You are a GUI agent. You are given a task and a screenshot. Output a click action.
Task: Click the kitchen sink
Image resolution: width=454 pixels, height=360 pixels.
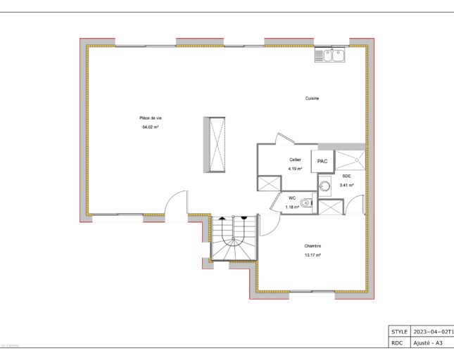pyautogui.click(x=329, y=54)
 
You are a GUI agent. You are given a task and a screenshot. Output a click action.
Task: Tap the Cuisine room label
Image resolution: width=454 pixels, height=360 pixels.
pyautogui.click(x=312, y=98)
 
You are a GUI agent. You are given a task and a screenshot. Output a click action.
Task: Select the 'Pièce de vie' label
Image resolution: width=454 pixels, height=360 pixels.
pyautogui.click(x=151, y=117)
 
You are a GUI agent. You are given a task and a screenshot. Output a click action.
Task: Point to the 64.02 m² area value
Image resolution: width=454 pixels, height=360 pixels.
pyautogui.click(x=151, y=127)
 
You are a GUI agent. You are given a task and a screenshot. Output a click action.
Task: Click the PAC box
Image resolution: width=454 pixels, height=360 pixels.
pyautogui.click(x=322, y=162)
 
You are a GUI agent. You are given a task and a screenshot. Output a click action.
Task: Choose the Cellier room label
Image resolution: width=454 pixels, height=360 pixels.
pyautogui.click(x=295, y=160)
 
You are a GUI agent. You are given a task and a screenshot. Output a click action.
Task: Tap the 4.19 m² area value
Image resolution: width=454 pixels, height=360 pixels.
pyautogui.click(x=295, y=169)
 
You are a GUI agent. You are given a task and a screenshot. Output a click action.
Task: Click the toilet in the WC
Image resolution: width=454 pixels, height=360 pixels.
pyautogui.click(x=304, y=204)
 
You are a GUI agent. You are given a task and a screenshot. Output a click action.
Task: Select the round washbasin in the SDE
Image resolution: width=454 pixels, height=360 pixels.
pyautogui.click(x=324, y=186)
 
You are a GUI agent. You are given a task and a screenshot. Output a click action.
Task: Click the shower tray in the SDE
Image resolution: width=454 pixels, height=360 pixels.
pyautogui.click(x=351, y=160)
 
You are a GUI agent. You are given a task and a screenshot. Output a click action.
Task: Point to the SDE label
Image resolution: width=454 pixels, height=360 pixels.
pyautogui.click(x=346, y=176)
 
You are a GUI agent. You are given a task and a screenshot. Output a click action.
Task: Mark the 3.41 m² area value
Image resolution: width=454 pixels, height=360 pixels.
pyautogui.click(x=346, y=185)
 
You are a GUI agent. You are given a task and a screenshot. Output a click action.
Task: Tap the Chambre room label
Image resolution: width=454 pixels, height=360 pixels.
pyautogui.click(x=313, y=245)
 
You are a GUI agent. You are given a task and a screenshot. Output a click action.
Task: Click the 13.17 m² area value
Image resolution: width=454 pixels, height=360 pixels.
pyautogui.click(x=313, y=255)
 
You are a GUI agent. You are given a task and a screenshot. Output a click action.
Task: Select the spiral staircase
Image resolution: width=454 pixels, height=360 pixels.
pyautogui.click(x=233, y=239)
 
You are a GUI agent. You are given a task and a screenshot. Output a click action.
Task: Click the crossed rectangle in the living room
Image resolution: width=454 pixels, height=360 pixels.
pyautogui.click(x=215, y=143)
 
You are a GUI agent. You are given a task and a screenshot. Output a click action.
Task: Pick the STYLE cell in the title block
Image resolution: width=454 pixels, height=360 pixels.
pyautogui.click(x=398, y=330)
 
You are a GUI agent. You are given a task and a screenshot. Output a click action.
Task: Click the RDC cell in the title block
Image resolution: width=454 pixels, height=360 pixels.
pyautogui.click(x=398, y=343)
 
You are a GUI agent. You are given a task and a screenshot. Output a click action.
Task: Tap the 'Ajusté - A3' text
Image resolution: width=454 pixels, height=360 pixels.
pyautogui.click(x=428, y=343)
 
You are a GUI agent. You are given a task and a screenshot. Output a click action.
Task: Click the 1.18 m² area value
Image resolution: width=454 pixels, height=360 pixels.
pyautogui.click(x=291, y=207)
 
